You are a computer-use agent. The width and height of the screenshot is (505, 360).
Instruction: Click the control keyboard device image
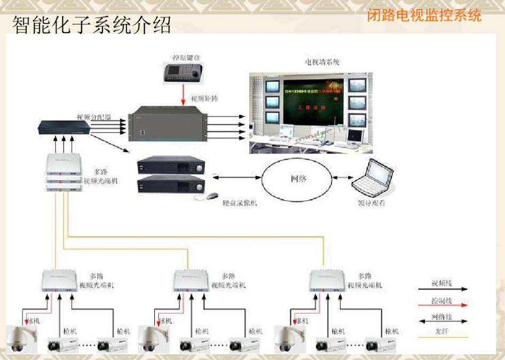click(181, 72)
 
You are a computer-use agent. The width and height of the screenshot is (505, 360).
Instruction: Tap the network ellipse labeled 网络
click(298, 178)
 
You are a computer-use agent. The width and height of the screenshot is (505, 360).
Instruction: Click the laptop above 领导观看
click(373, 179)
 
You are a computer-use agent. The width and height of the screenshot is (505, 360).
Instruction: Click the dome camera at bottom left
click(21, 340)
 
